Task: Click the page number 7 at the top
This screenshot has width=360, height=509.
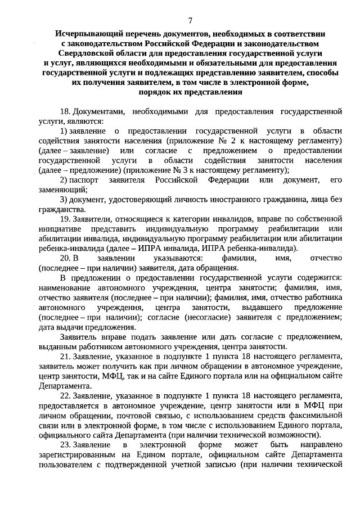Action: pos(190,20)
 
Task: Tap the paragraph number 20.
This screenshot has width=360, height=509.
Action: pos(65,258)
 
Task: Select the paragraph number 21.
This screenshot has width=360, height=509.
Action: pos(65,358)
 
